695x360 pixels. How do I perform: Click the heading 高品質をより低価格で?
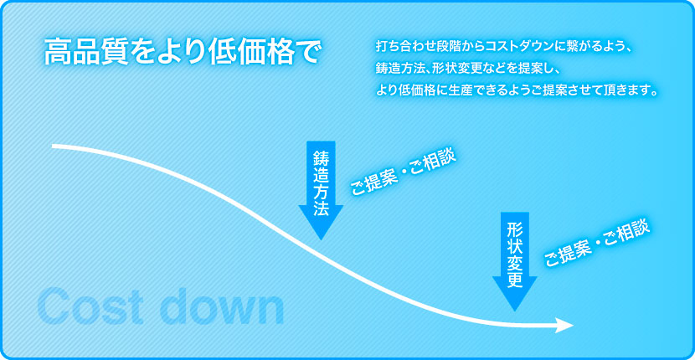[181, 53]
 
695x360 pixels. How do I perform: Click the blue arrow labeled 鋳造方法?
[321, 191]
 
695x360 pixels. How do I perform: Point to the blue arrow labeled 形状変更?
[515, 261]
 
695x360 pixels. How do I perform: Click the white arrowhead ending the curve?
[564, 325]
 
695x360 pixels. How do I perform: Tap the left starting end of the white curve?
[54, 147]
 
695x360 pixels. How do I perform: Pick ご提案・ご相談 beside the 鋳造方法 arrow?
[403, 174]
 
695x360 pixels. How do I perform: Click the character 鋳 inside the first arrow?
[321, 158]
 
